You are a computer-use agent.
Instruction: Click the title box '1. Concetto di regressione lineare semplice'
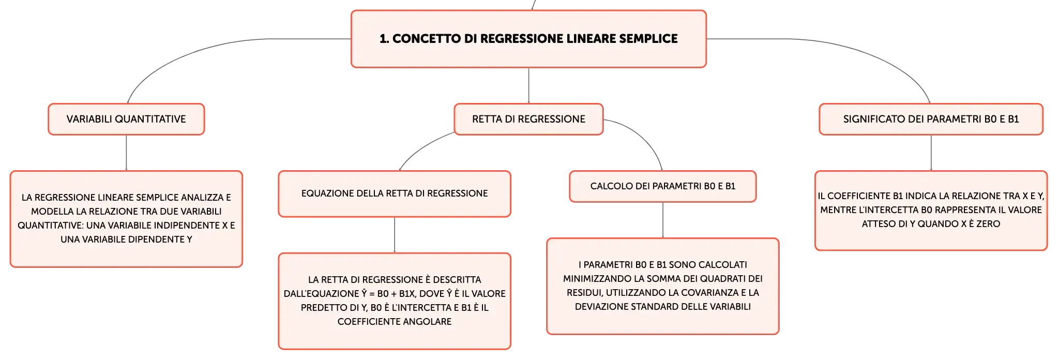pos(528,39)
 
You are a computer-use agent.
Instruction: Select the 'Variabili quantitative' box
pos(126,119)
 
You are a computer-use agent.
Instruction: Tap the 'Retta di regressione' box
pos(528,119)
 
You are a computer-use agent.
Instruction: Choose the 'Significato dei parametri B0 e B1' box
pos(931,119)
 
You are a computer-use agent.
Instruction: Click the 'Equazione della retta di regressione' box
pos(395,193)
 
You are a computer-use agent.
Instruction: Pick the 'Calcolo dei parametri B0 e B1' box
pos(662,186)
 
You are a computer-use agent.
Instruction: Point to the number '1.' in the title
pos(384,39)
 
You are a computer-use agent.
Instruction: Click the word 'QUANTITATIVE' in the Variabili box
pos(150,119)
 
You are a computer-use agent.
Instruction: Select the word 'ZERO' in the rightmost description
pos(988,224)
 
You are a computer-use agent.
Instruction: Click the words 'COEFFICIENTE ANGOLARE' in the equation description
pos(395,322)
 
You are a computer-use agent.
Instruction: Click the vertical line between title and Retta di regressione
pos(528,85)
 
